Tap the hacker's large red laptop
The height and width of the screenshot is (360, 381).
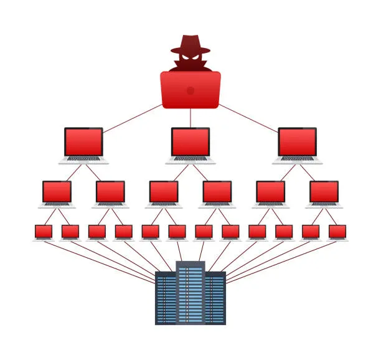(190, 90)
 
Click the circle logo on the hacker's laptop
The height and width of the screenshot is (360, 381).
(190, 90)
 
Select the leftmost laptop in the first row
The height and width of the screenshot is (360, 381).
(84, 144)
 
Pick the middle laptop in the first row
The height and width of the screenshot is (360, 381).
(190, 144)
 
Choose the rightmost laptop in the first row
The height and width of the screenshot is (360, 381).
(297, 144)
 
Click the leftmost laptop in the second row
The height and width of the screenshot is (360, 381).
(57, 193)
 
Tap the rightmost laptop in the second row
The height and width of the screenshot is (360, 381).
(324, 193)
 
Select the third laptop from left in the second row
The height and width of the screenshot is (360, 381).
(164, 193)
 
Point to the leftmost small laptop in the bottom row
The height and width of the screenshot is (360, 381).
(44, 232)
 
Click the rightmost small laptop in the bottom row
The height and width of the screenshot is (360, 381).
(337, 232)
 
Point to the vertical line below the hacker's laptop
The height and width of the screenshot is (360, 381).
(190, 117)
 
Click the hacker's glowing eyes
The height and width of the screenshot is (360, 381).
(190, 57)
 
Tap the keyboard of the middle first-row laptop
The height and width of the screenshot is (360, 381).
(190, 159)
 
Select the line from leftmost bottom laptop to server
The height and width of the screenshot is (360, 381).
(100, 257)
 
